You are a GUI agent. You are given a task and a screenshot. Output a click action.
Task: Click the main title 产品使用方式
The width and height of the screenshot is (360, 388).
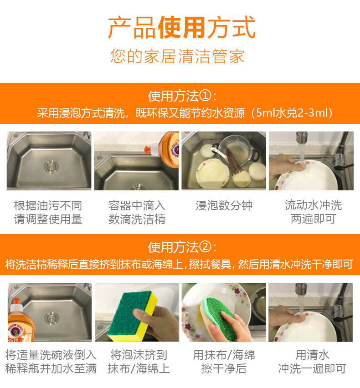pyautogui.click(x=182, y=27)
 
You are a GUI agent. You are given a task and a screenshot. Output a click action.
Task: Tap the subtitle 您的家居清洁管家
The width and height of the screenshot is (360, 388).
pyautogui.click(x=177, y=56)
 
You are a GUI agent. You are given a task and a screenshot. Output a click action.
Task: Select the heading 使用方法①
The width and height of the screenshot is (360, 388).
pyautogui.click(x=182, y=96)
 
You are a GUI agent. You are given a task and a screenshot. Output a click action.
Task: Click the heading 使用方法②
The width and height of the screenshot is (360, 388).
pyautogui.click(x=182, y=247)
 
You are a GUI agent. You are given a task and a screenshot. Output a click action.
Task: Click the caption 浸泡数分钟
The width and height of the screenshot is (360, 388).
pyautogui.click(x=224, y=205)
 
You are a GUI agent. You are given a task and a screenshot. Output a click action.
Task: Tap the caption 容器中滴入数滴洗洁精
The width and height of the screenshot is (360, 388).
pyautogui.click(x=137, y=212)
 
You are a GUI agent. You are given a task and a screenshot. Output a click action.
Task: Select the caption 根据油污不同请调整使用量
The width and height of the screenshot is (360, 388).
pyautogui.click(x=48, y=212)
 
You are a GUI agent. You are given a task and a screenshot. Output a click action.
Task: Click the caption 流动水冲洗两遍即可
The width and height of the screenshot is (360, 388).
pyautogui.click(x=313, y=212)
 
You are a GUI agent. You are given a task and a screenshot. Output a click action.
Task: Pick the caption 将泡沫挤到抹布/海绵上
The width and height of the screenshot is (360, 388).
pyautogui.click(x=139, y=362)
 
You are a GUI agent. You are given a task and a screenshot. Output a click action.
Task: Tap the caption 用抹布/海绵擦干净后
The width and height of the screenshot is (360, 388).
pyautogui.click(x=224, y=362)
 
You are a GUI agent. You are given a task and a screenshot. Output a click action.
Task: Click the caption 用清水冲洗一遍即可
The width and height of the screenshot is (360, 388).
pyautogui.click(x=312, y=362)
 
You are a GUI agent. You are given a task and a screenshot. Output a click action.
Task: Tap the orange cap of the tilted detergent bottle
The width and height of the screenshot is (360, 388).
pyautogui.click(x=148, y=149)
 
